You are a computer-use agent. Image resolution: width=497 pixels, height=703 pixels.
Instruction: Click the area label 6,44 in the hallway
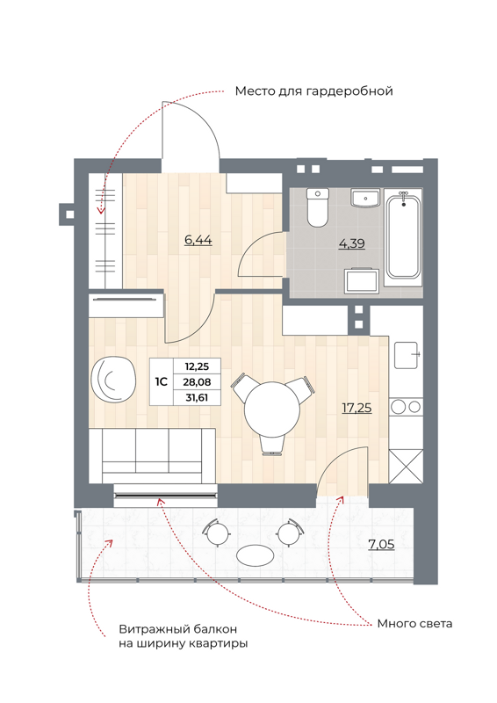198,239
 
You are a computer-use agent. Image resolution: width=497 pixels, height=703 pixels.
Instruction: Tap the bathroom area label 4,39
351,243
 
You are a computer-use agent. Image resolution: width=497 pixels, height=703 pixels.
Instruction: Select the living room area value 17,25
356,407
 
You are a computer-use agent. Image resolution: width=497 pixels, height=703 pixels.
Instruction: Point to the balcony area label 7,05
380,545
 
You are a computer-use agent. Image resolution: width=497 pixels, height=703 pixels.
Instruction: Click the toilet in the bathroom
317,208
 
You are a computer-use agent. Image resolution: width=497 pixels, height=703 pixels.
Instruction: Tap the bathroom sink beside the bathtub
364,199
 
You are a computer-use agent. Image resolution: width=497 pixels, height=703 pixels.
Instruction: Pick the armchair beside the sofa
114,378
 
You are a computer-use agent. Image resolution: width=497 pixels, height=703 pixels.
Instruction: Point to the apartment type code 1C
162,382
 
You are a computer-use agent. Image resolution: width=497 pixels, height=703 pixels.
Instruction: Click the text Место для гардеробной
313,91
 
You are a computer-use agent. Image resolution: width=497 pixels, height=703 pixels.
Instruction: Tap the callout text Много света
414,624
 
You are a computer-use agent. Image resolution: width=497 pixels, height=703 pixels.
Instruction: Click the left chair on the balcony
213,530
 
